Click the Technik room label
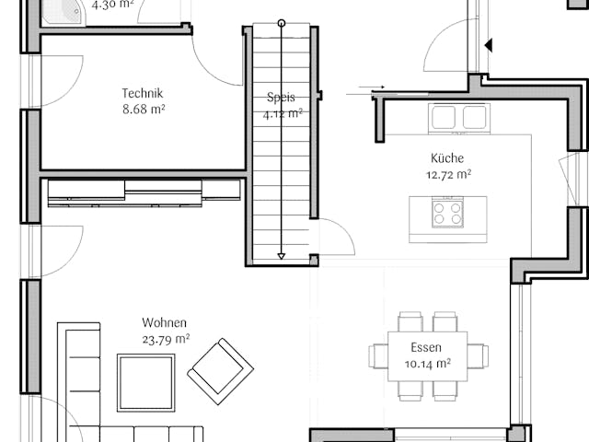(142, 93)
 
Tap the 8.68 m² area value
(142, 110)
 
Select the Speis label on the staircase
(281, 98)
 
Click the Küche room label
(447, 157)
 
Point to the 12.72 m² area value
(448, 174)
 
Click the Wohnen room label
(165, 323)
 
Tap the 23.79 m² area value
(166, 339)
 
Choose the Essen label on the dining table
(427, 348)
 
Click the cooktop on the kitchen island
(448, 214)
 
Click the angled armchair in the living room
(221, 370)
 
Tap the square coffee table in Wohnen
(145, 382)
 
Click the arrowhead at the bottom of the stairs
(282, 256)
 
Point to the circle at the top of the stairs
(282, 22)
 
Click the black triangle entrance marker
(489, 44)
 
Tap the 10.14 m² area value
(427, 364)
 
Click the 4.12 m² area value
(283, 114)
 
